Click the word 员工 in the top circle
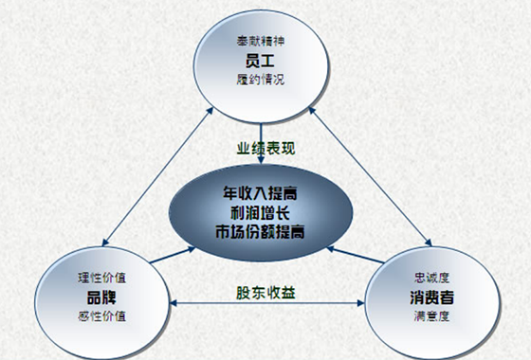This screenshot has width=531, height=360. pyautogui.click(x=261, y=61)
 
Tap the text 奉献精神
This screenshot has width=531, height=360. pyautogui.click(x=261, y=42)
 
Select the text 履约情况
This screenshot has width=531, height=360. pyautogui.click(x=261, y=81)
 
